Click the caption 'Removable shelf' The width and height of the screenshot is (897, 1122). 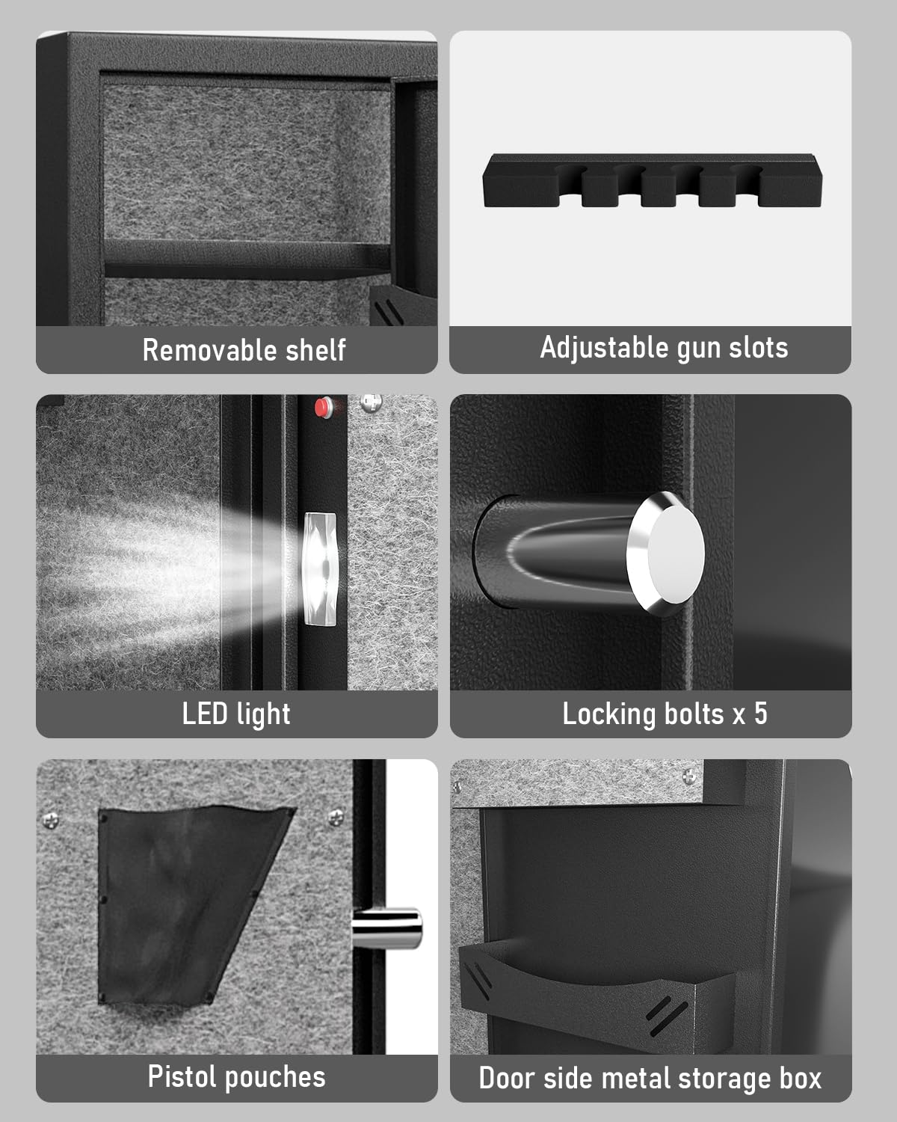pyautogui.click(x=244, y=350)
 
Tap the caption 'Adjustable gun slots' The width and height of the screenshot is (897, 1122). pyautogui.click(x=664, y=348)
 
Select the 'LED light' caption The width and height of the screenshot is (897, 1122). pyautogui.click(x=236, y=714)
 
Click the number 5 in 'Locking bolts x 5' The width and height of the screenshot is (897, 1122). pyautogui.click(x=760, y=714)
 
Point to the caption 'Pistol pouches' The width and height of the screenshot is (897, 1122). pyautogui.click(x=236, y=1077)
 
